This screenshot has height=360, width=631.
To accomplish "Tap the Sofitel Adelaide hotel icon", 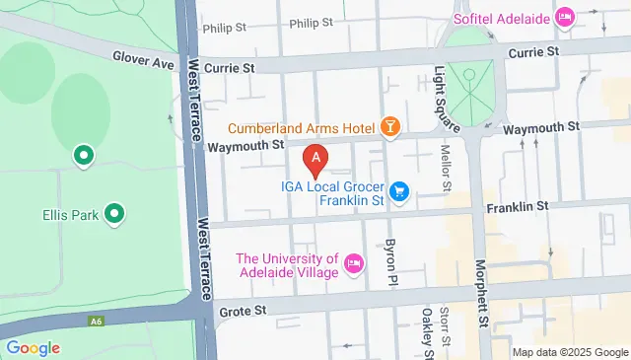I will click(x=565, y=17).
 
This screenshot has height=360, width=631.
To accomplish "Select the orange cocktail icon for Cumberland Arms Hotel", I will click(x=391, y=127).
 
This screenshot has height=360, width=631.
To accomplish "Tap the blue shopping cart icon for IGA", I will click(x=399, y=190).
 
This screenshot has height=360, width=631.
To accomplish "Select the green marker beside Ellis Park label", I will click(x=115, y=213).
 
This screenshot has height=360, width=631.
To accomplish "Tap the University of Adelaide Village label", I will click(x=287, y=265).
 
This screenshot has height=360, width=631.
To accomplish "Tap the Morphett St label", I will click(x=482, y=292).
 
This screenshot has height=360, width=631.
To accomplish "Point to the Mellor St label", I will click(x=446, y=167).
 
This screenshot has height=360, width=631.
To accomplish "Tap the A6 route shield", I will click(x=97, y=321).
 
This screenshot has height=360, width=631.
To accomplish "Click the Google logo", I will click(x=33, y=347).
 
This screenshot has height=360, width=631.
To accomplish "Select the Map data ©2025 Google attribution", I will click(x=570, y=352).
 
